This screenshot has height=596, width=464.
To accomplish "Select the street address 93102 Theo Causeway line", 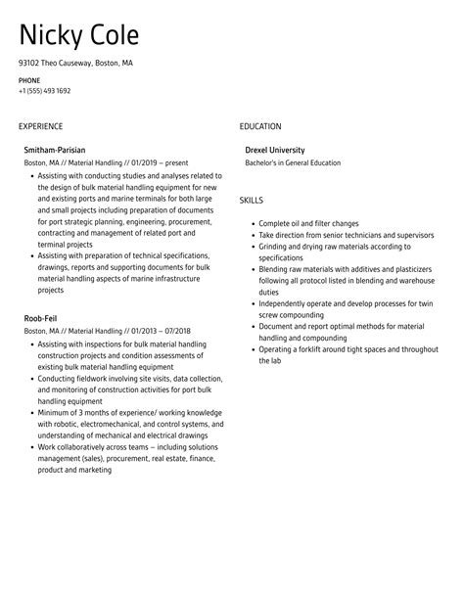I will pyautogui.click(x=75, y=63).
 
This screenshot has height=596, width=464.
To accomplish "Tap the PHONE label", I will pyautogui.click(x=29, y=79).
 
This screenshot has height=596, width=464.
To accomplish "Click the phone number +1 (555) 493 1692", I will pyautogui.click(x=44, y=90).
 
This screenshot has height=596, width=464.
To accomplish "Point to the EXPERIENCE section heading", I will pyautogui.click(x=40, y=126).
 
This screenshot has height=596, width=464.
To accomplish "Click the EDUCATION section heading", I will pyautogui.click(x=260, y=126).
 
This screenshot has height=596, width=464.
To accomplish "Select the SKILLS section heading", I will pyautogui.click(x=252, y=200).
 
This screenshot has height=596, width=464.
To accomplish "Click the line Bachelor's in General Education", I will pyautogui.click(x=293, y=162).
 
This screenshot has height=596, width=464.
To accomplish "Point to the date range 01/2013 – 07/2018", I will pyautogui.click(x=161, y=331).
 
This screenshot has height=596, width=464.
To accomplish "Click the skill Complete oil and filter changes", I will pyautogui.click(x=308, y=224).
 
